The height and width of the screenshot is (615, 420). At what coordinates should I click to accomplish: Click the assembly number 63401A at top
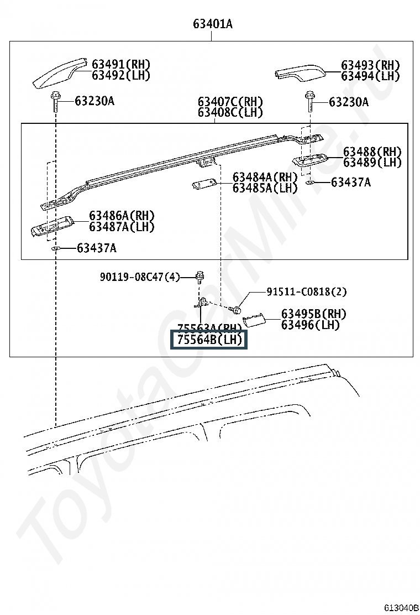tap(212, 24)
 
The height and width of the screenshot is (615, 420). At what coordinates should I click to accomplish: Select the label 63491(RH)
tap(120, 65)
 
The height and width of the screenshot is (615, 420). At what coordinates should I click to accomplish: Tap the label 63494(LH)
tap(370, 76)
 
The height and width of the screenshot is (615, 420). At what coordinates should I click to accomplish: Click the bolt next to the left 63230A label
tap(57, 101)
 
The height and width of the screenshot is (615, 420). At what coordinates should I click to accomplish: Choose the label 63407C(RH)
tap(230, 102)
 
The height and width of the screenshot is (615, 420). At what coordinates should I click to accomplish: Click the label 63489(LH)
tap(372, 162)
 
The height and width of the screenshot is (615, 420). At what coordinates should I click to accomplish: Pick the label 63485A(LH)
tap(265, 187)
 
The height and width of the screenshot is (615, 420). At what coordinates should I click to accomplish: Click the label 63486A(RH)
tap(122, 216)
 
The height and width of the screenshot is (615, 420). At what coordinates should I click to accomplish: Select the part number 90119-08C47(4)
tap(140, 277)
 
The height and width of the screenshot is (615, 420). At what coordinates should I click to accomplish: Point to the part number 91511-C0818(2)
tap(307, 291)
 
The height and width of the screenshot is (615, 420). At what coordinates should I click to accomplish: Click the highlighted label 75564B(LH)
tap(209, 340)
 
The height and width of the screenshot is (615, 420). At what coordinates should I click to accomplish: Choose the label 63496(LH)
tap(310, 325)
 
